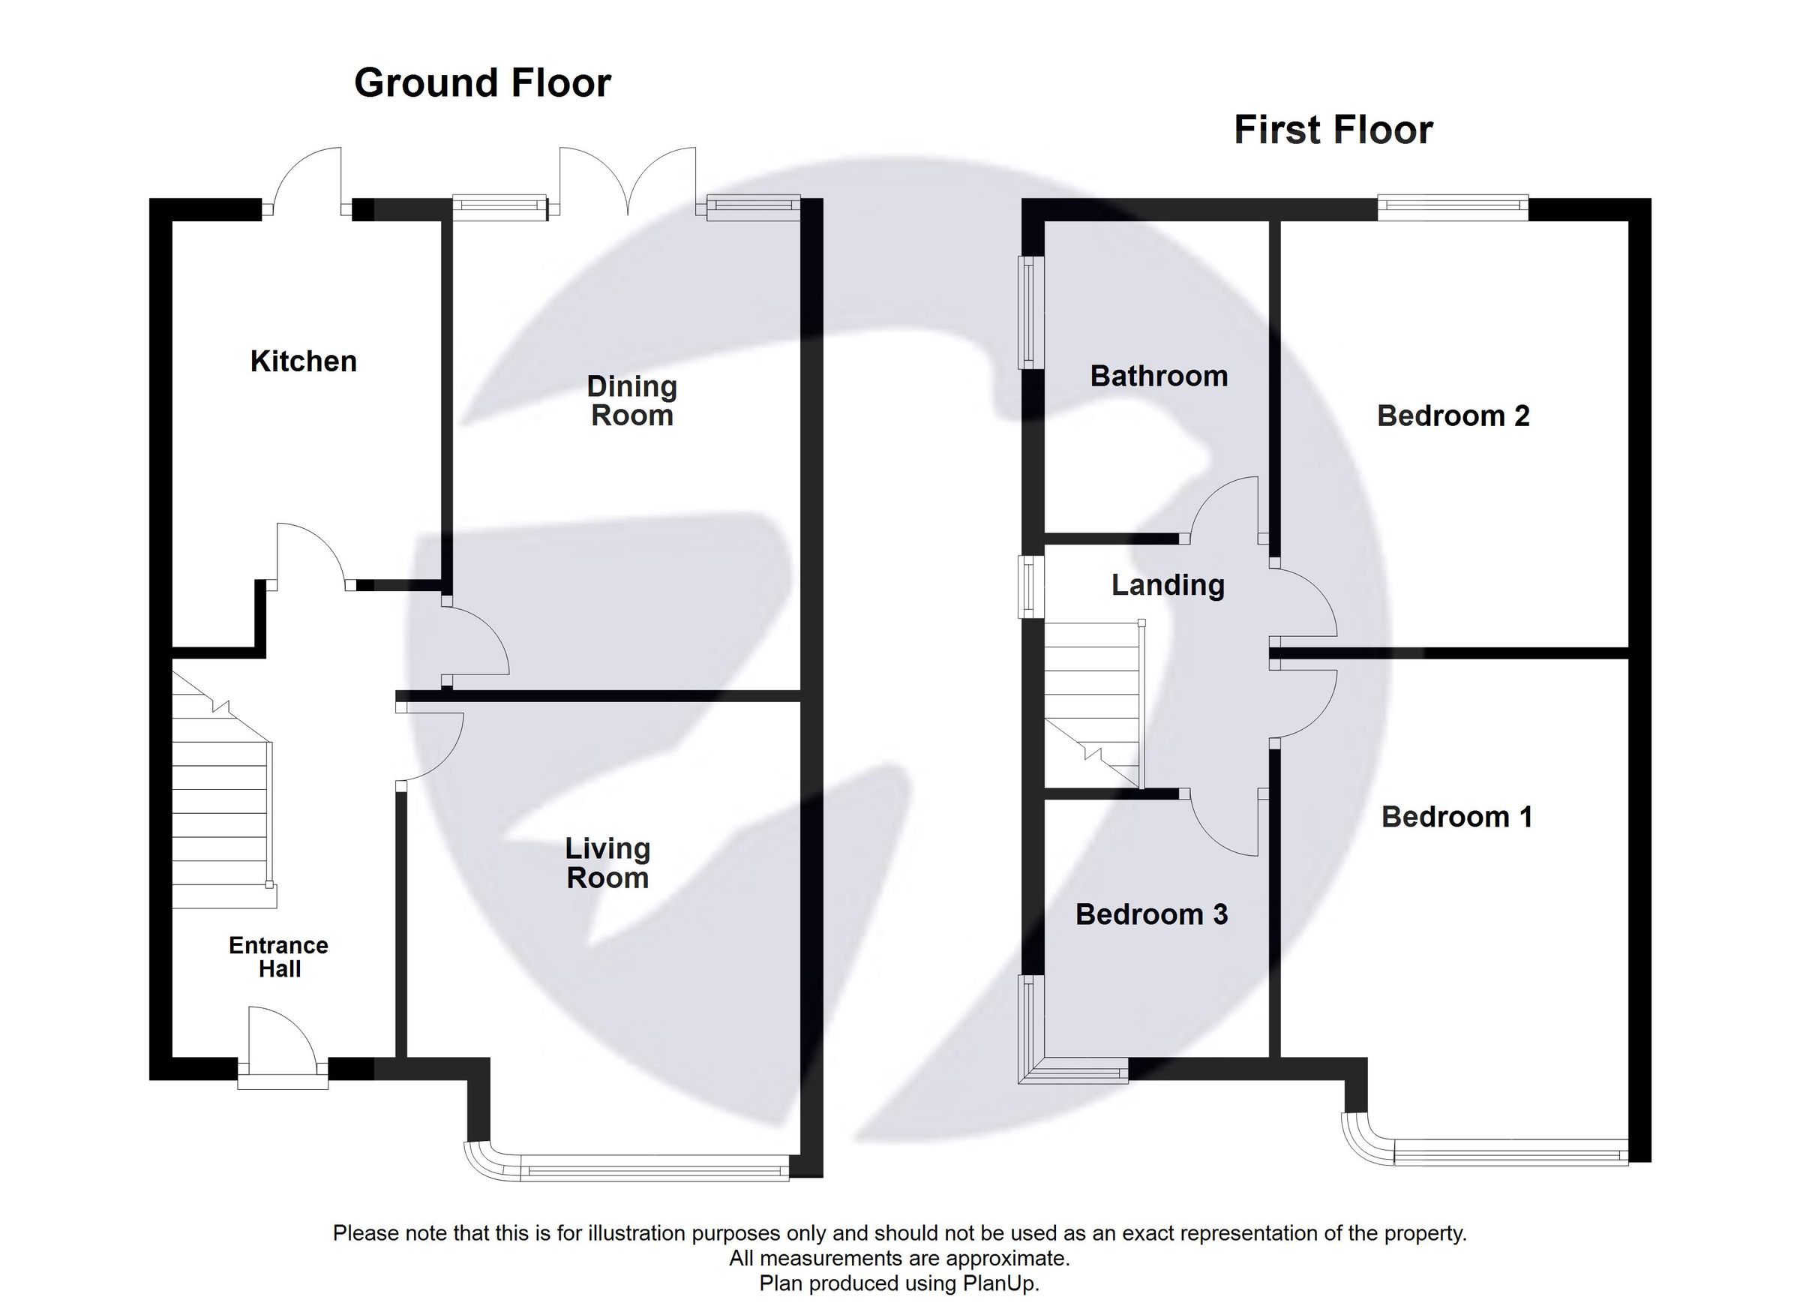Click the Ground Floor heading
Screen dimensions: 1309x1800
tap(482, 83)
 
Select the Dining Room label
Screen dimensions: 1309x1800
tap(631, 401)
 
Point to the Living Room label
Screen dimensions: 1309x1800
tap(608, 863)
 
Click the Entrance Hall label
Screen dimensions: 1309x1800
tap(278, 956)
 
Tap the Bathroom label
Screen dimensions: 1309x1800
tap(1159, 377)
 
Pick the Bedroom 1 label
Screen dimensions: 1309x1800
tap(1456, 817)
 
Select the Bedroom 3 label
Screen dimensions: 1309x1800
tap(1151, 914)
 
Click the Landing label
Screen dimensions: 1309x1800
tap(1168, 586)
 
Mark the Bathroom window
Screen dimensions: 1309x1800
tap(1030, 312)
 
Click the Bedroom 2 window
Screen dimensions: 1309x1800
tap(1453, 209)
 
